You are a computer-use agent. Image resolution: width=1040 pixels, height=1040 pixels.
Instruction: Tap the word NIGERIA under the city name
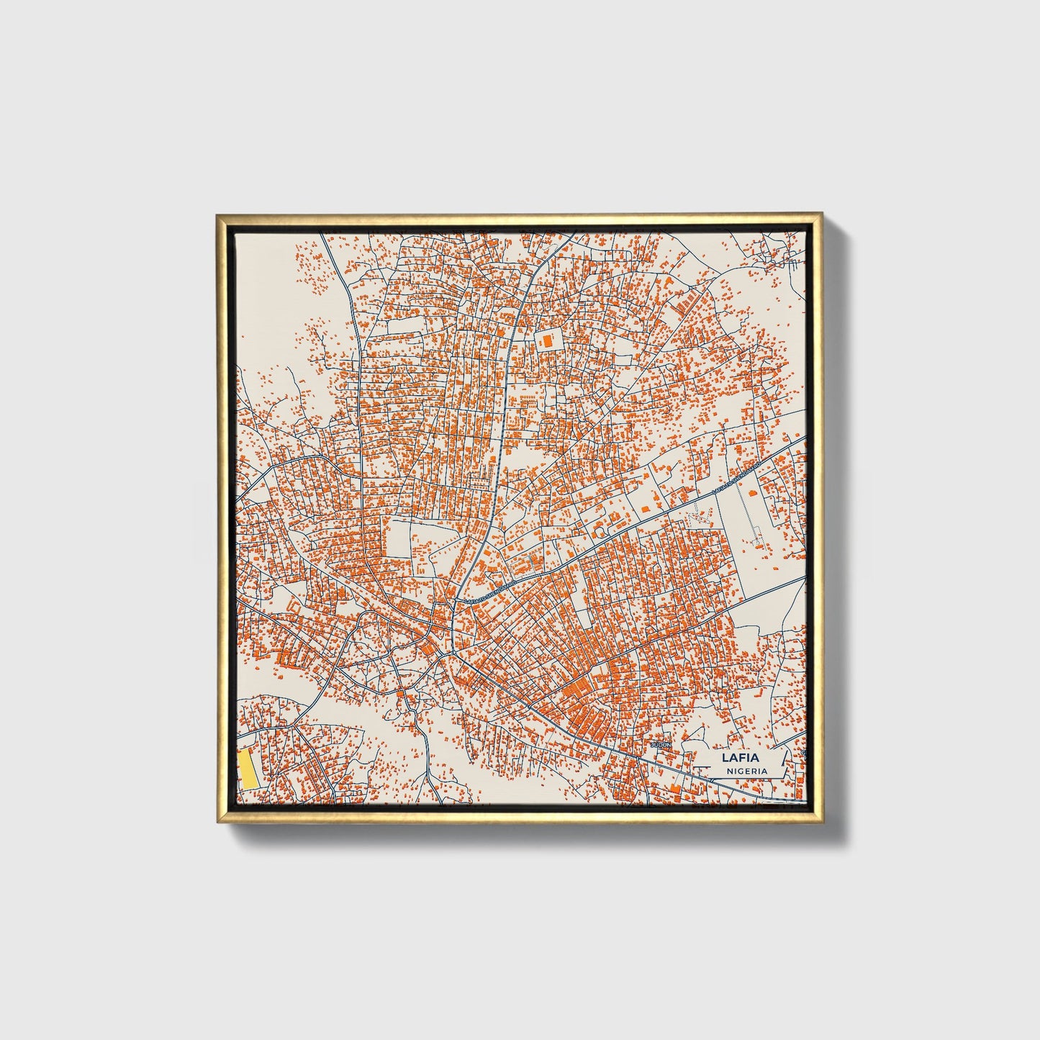click(746, 771)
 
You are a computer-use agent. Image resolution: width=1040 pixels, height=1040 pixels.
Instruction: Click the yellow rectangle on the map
click(248, 769)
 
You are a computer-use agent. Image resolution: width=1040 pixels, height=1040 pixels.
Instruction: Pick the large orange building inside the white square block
click(548, 340)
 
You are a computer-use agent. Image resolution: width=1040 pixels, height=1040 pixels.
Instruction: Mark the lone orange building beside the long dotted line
click(753, 492)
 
